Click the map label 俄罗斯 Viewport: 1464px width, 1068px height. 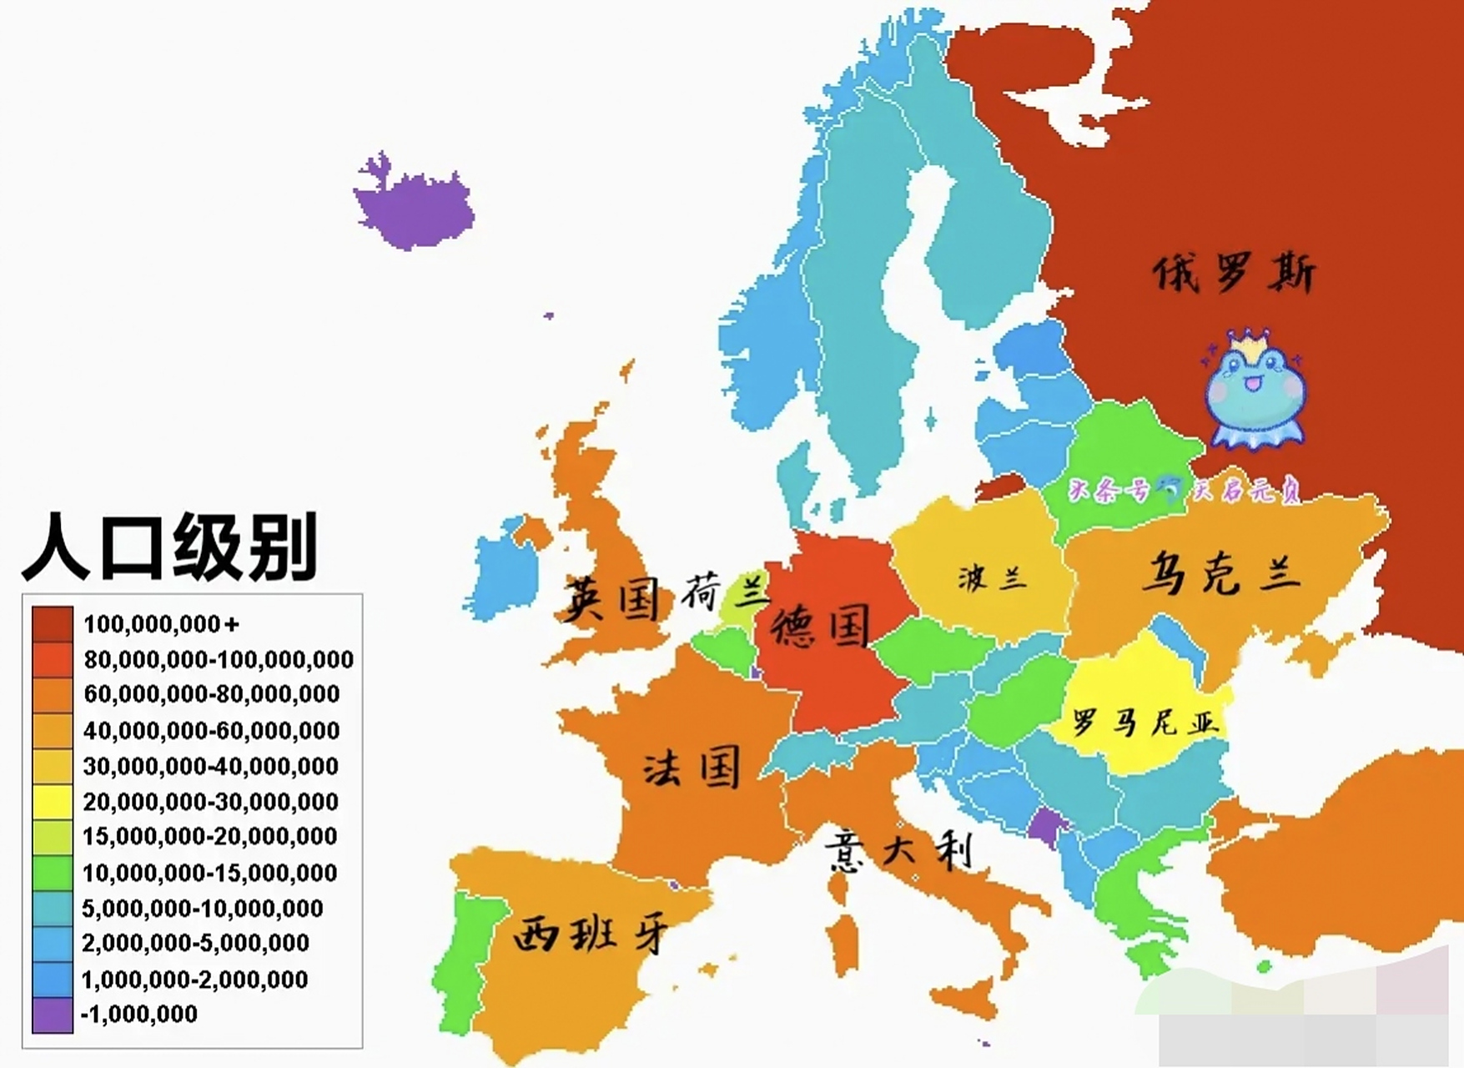pyautogui.click(x=1233, y=273)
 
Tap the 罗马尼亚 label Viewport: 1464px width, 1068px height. pyautogui.click(x=1145, y=722)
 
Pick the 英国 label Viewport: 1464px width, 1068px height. pyautogui.click(x=611, y=598)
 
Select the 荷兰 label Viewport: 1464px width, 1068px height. pyautogui.click(x=724, y=592)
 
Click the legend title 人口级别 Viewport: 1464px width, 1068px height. pyautogui.click(x=170, y=547)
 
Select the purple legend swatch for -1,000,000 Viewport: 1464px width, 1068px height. pyautogui.click(x=52, y=1015)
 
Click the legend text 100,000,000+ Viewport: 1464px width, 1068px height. pyautogui.click(x=161, y=623)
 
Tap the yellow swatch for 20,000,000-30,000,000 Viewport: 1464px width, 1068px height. pyautogui.click(x=52, y=801)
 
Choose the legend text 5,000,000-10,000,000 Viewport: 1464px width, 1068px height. pyautogui.click(x=202, y=908)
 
